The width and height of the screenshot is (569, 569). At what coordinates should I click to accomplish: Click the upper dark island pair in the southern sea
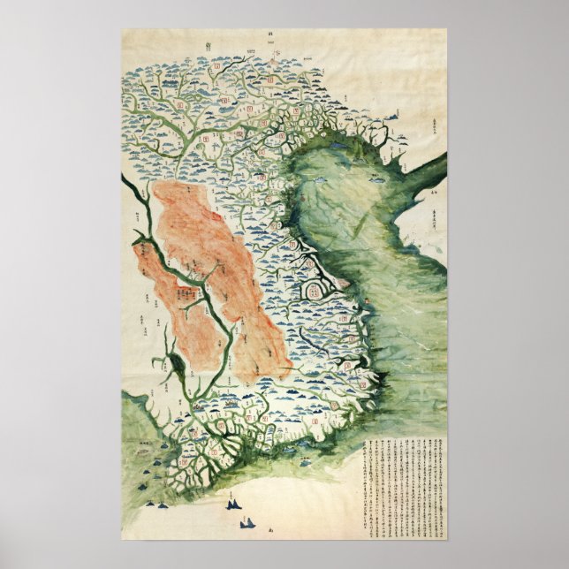click(233, 505)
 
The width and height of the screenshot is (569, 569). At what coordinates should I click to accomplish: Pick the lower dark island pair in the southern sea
click(244, 523)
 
